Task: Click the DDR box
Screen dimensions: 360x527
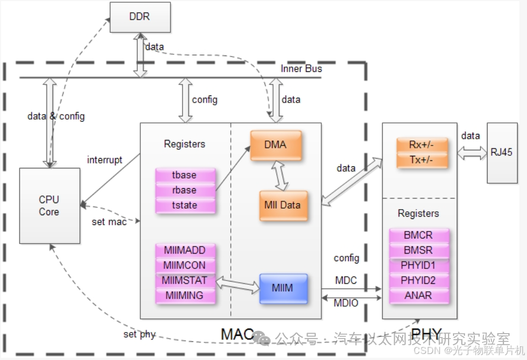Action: pos(140,17)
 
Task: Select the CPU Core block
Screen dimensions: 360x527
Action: pos(49,206)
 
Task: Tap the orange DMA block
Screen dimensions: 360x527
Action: pos(276,145)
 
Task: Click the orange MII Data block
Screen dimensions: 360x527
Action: pos(282,205)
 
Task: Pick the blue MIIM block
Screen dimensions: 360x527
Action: pos(282,288)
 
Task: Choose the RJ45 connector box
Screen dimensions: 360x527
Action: pos(502,153)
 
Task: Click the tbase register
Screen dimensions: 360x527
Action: pos(184,176)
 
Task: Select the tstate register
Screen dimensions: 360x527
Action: pos(184,205)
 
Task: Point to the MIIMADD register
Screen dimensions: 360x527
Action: pos(184,250)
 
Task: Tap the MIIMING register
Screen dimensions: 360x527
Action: pos(184,295)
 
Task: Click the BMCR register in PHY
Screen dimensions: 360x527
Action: pos(418,235)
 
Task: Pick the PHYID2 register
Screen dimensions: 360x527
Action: pos(418,280)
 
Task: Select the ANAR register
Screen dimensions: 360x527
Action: pos(418,295)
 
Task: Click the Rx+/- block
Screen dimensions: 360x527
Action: pos(421,146)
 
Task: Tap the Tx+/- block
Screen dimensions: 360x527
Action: pos(421,160)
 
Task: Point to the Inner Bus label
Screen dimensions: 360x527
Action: pos(301,69)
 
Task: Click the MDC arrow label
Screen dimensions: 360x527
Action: pos(346,280)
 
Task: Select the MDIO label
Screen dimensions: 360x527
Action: pos(347,303)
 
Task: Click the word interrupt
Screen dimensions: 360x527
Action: pos(105,160)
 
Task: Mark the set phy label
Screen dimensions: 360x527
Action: pos(139,335)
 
